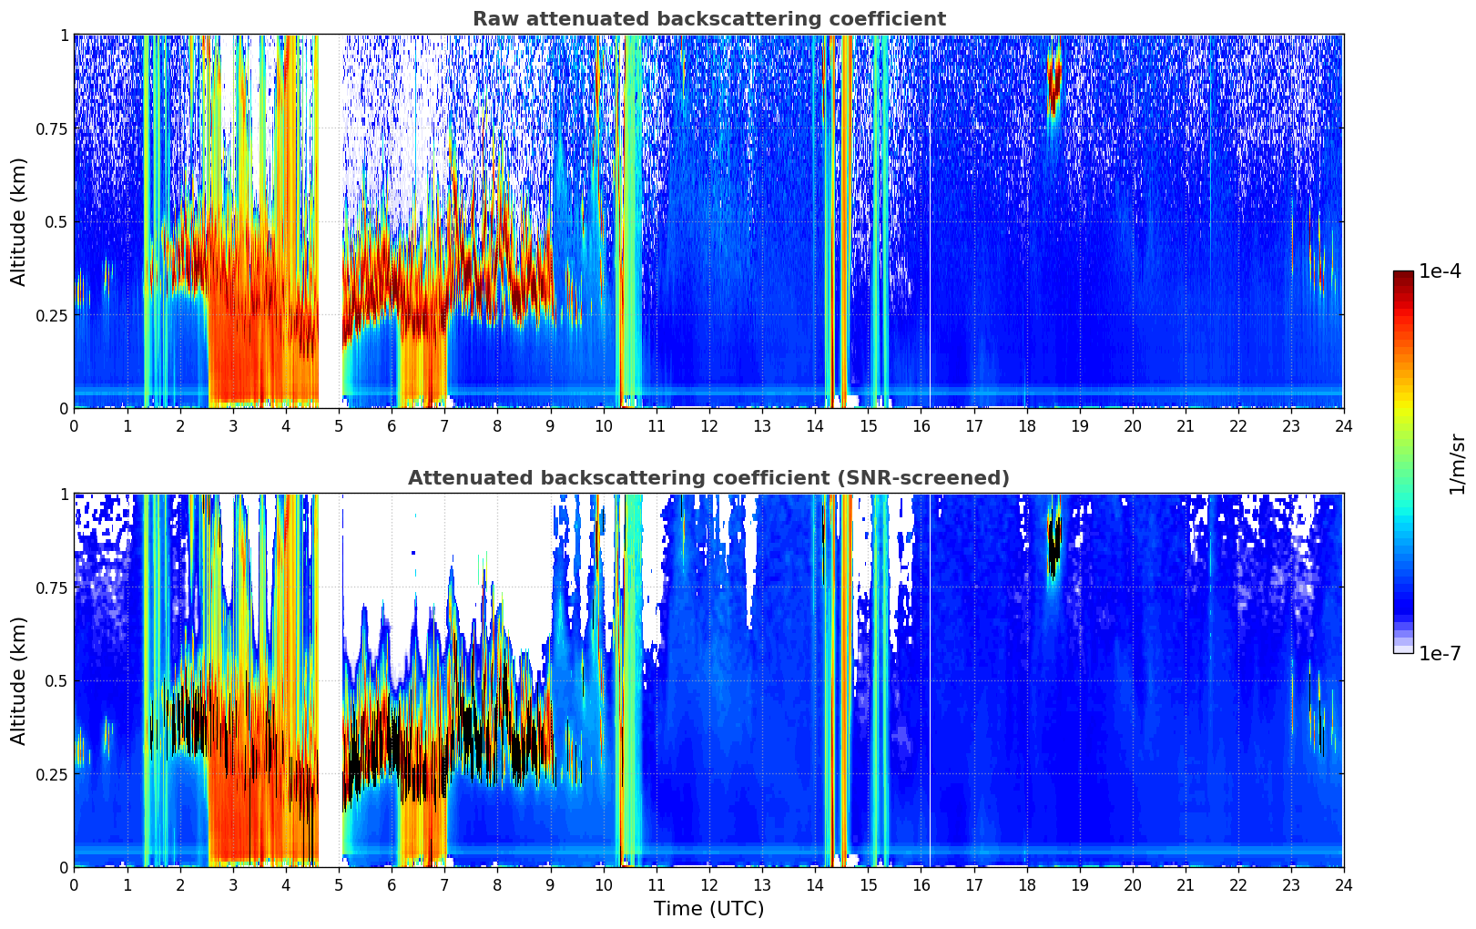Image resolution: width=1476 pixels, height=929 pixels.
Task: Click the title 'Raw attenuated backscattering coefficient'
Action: [708, 19]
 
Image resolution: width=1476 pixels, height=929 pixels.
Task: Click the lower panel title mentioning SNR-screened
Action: [708, 478]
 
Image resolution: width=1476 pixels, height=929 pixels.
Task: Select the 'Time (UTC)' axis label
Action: [708, 909]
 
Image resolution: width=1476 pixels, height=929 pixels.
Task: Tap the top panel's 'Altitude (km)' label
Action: [19, 221]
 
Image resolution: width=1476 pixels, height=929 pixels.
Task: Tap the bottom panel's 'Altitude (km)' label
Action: [19, 680]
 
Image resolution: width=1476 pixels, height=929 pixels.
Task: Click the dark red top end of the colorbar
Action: [1403, 274]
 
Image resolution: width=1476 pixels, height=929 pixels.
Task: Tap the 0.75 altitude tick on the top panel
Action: [53, 128]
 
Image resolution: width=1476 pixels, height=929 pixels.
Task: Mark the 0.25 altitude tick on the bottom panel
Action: [53, 774]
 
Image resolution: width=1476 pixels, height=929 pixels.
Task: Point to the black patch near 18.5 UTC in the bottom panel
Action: [1054, 546]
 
